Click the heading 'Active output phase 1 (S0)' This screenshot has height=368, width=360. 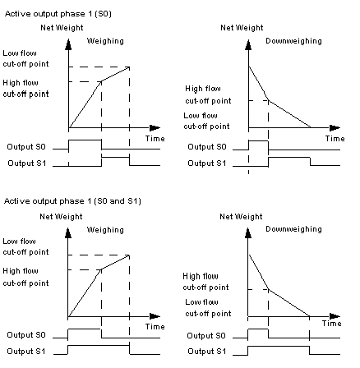58,14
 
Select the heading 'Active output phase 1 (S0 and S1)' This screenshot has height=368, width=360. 72,201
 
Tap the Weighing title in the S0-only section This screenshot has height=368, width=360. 105,41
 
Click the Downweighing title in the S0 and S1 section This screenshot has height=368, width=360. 293,229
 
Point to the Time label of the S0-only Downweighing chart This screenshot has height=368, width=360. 335,139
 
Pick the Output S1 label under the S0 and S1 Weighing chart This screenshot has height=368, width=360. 26,352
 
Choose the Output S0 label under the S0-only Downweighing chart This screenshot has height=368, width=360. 207,147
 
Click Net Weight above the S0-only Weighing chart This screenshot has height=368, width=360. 62,28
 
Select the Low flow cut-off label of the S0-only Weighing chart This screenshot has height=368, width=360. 25,58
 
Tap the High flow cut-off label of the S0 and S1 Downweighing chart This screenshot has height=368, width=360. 205,282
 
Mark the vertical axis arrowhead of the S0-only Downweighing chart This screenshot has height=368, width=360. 248,45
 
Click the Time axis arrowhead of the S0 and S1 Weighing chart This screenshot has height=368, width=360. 155,316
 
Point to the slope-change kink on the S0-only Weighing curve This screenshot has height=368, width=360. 102,81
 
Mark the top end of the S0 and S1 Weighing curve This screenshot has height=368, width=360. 129,255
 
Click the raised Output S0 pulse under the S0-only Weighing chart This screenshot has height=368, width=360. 85,140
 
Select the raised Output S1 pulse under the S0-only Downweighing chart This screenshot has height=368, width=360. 289,158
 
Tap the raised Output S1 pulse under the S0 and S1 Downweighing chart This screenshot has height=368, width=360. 279,347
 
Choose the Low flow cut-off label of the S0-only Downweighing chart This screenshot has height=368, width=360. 206,121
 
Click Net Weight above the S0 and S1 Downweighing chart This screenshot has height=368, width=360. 241,217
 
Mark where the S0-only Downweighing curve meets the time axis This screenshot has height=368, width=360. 311,127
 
